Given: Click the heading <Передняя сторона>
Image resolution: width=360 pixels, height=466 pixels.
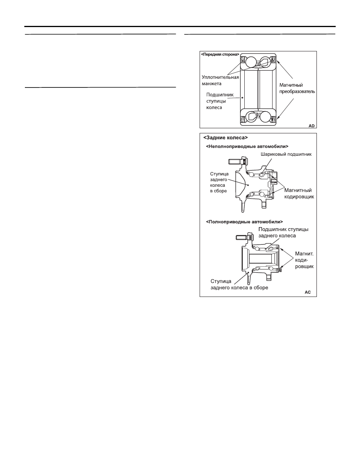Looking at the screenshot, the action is (x=220, y=55).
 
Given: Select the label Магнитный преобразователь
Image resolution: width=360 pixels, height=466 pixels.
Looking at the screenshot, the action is (x=297, y=88).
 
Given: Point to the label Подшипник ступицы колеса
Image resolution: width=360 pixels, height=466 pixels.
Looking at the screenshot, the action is (x=220, y=101).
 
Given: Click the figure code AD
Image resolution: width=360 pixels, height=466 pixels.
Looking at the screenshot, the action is (x=311, y=126).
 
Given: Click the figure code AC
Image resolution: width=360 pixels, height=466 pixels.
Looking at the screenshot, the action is (x=308, y=292).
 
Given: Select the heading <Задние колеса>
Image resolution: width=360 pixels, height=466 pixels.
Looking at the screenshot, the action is (x=225, y=138).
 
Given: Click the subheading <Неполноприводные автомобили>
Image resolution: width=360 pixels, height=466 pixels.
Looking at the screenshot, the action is (x=247, y=146).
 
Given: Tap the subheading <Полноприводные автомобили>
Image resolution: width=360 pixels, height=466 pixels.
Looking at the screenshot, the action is (x=244, y=222).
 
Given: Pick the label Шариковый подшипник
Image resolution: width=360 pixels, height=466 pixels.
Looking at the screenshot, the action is (x=286, y=154).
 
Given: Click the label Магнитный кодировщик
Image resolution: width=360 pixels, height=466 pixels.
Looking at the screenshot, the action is (x=299, y=193).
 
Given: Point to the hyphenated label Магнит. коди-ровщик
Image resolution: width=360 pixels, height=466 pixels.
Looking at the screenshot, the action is (x=304, y=260).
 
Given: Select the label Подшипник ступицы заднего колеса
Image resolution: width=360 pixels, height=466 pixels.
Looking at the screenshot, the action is (x=284, y=232).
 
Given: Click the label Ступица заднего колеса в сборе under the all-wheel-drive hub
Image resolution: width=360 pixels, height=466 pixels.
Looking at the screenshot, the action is (x=239, y=284).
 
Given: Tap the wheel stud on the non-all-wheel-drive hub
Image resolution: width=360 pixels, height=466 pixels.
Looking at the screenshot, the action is (x=237, y=161).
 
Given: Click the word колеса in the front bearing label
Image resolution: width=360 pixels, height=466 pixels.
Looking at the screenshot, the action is (x=214, y=107).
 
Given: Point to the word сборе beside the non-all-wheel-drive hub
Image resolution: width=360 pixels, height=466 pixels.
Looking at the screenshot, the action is (x=221, y=191).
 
